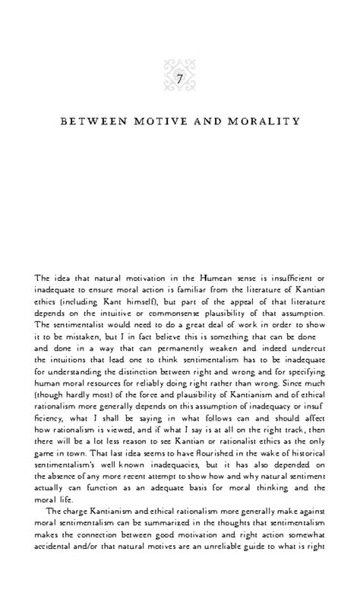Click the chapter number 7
point(179,79)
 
